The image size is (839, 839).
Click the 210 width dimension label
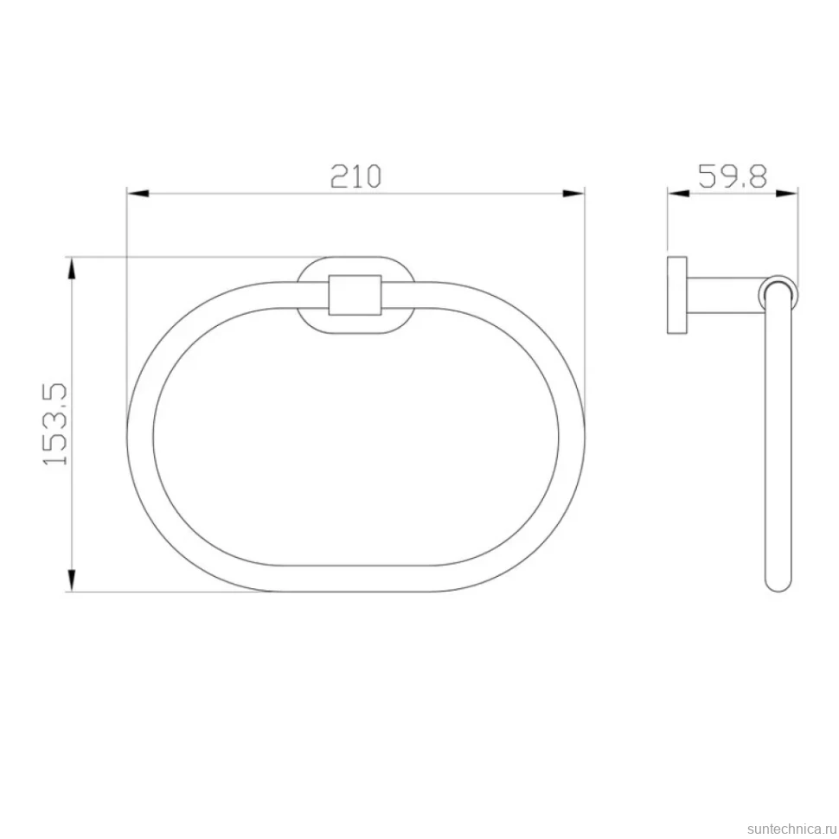pos(355,176)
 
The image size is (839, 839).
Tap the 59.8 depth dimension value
pos(733,176)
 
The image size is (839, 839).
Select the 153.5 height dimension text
pos(55,423)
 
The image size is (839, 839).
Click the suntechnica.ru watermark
pos(792,829)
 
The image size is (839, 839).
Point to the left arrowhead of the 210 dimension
pos(138,193)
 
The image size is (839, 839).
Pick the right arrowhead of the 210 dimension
pos(573,193)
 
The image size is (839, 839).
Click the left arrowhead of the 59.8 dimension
pos(678,193)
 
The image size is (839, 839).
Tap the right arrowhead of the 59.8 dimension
pos(788,193)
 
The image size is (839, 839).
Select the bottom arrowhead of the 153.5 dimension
pos(71,580)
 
